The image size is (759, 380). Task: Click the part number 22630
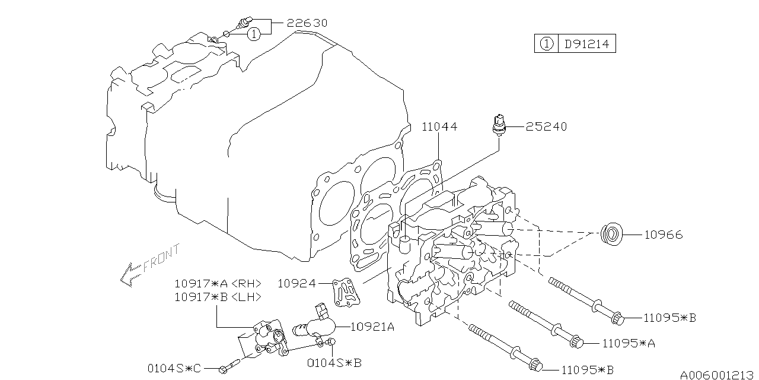pos(307,23)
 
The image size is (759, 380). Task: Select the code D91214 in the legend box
pos(586,44)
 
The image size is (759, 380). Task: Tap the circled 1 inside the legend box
pos(546,44)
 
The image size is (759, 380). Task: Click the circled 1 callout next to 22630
pos(253,34)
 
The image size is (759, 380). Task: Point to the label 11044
pos(439,126)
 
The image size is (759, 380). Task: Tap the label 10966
pos(662,235)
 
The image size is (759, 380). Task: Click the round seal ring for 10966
pos(612,235)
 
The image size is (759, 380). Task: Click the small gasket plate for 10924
pos(346,293)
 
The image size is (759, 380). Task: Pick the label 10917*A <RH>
pos(217,283)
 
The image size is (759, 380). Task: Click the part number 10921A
pos(372,325)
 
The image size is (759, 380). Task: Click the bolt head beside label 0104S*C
pos(223,369)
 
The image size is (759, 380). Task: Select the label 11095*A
pos(629,343)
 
